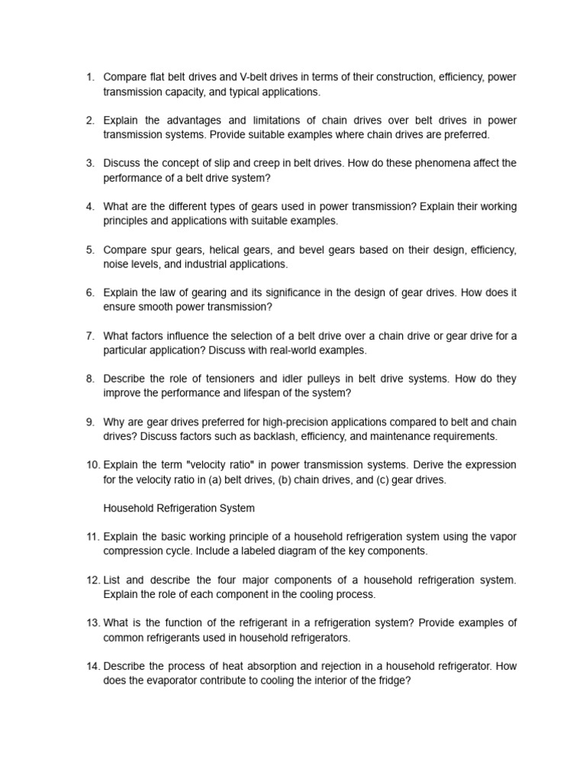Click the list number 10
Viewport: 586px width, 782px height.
92,464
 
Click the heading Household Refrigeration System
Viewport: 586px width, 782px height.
179,508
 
